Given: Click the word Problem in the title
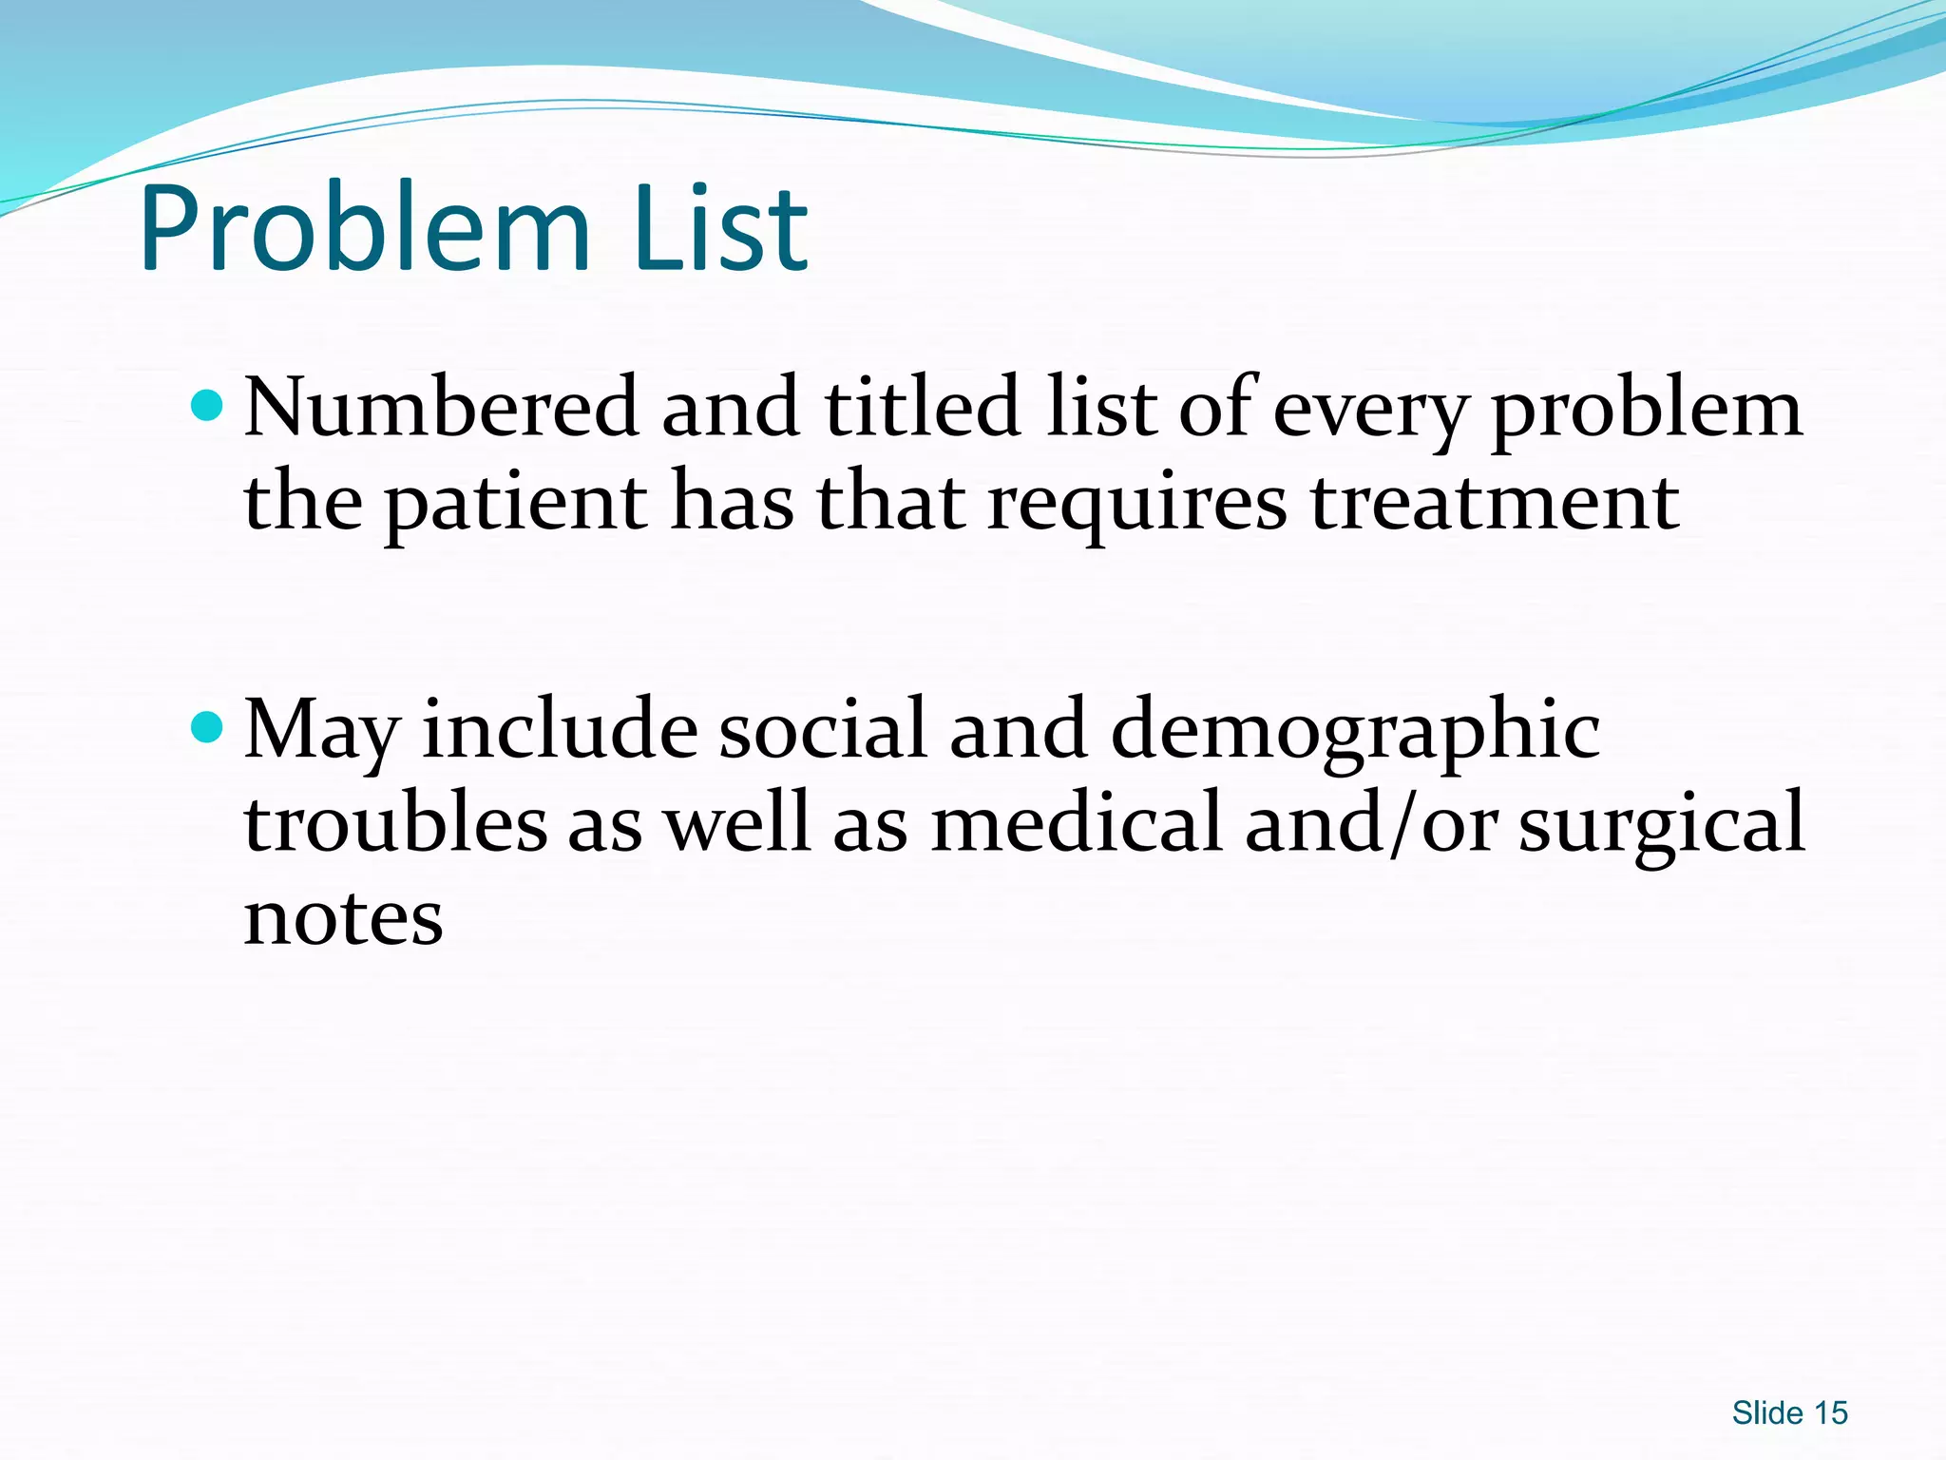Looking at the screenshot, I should click(x=366, y=230).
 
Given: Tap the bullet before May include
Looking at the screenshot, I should click(x=206, y=729).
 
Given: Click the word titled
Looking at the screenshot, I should click(x=923, y=408).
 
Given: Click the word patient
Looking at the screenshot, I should click(x=516, y=504).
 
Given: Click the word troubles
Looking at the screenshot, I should click(x=395, y=822).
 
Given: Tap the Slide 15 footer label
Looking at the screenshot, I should click(x=1789, y=1413).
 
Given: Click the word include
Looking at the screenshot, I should click(x=560, y=729).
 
